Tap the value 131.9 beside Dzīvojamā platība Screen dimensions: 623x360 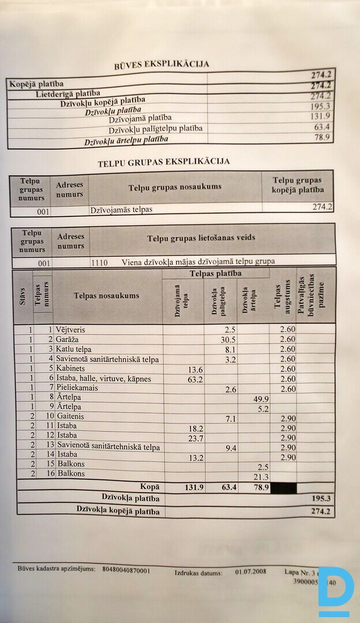320,117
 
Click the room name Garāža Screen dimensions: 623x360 67,339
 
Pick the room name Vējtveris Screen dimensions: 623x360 71,329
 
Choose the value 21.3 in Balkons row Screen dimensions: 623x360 260,476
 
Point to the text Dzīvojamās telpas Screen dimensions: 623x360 121,209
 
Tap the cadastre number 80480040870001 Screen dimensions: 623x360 126,571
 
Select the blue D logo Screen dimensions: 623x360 335,591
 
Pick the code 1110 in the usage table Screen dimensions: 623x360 99,261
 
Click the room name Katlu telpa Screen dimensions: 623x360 74,349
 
